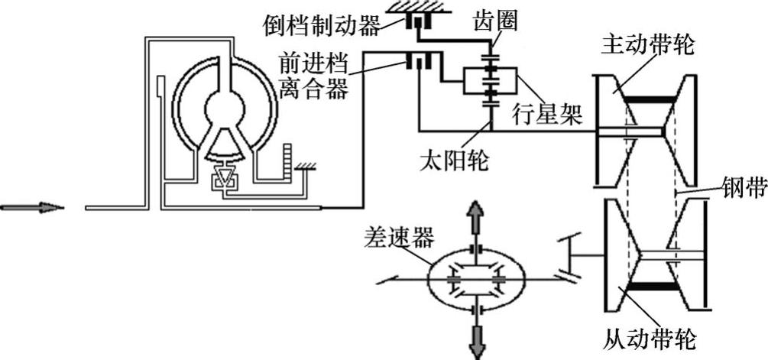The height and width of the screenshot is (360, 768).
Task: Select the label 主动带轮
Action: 648,44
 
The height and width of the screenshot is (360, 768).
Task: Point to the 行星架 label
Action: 546,115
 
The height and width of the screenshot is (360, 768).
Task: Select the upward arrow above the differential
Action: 475,221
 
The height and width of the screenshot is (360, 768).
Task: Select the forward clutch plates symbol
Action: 419,60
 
